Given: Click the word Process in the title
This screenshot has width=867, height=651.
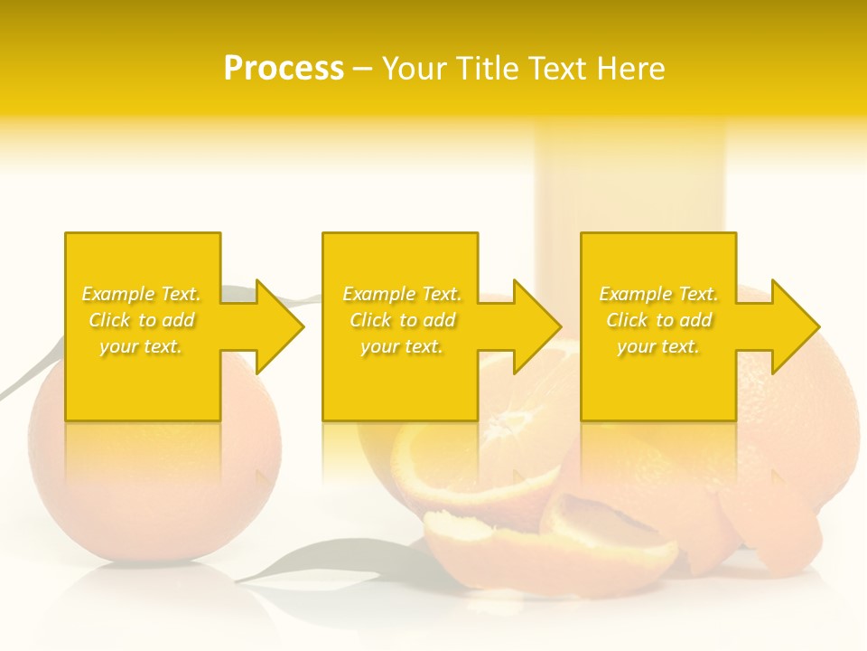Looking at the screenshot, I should pos(284,69).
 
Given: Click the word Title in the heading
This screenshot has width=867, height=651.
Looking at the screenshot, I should pos(483,69).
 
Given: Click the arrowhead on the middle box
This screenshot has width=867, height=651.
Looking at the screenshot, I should pos(536,326).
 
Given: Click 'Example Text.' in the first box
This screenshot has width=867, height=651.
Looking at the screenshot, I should pos(142,294).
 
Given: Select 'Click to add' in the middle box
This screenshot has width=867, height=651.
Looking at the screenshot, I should pos(402,320).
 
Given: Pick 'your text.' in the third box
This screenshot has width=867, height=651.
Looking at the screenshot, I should pos(658,346).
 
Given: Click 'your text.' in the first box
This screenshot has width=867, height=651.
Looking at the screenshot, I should pos(142,346).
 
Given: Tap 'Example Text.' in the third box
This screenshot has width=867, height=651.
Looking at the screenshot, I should pos(658,294).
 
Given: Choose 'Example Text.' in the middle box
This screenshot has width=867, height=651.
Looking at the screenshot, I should pos(402,294).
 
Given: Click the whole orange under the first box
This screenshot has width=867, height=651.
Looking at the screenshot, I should pos(154,488).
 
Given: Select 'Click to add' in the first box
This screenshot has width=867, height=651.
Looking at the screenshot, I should pos(142,320).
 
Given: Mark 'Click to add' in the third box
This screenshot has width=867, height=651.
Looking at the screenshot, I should pos(658,320).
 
